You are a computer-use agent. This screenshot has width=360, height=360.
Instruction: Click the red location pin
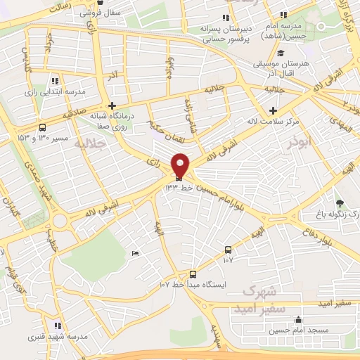point(181,166)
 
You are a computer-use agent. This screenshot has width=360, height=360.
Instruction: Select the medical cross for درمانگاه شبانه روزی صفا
point(112,105)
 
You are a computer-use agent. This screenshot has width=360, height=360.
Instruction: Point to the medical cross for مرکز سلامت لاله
point(274,110)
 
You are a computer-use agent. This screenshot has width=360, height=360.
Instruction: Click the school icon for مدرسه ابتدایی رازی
point(56,81)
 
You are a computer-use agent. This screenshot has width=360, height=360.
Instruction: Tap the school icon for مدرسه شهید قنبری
point(58,326)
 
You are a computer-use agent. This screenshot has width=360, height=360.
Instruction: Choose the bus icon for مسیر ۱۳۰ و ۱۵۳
point(43,127)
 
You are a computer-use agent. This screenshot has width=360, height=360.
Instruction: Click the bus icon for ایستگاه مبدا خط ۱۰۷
point(193,275)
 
